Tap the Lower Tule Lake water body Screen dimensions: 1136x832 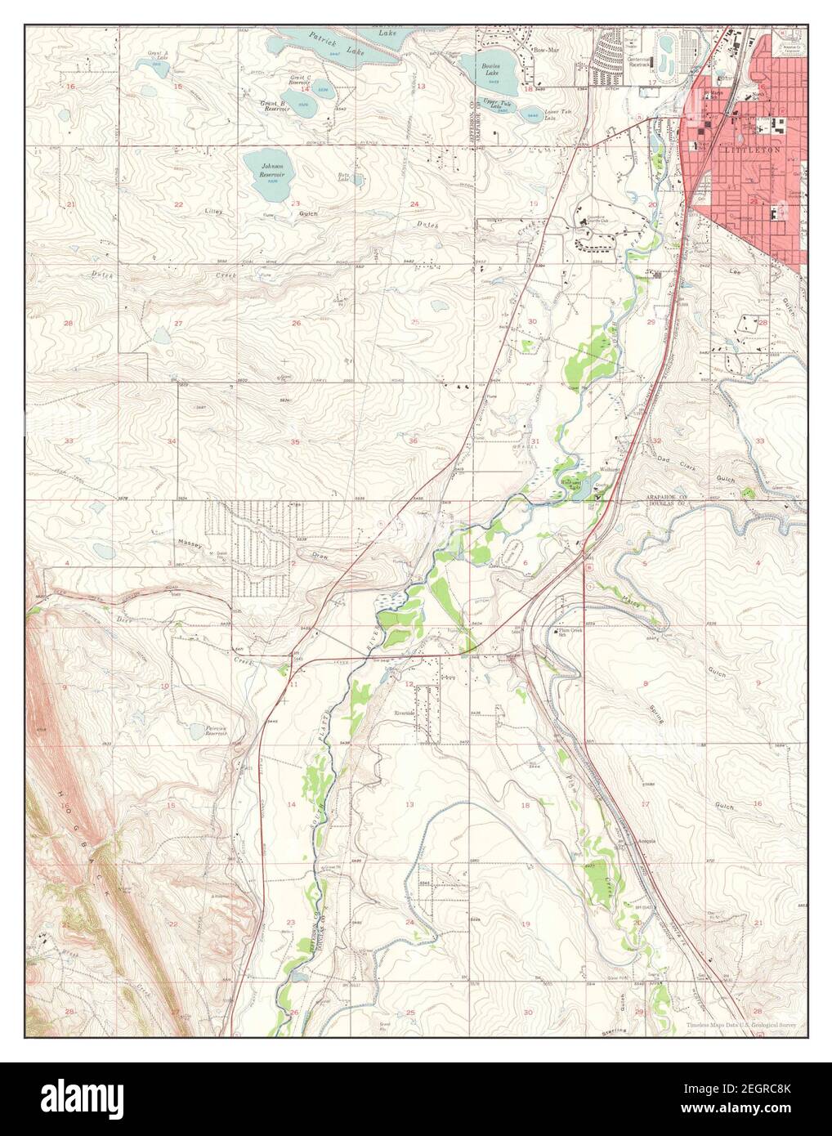530,112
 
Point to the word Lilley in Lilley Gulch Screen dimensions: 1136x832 215,211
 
